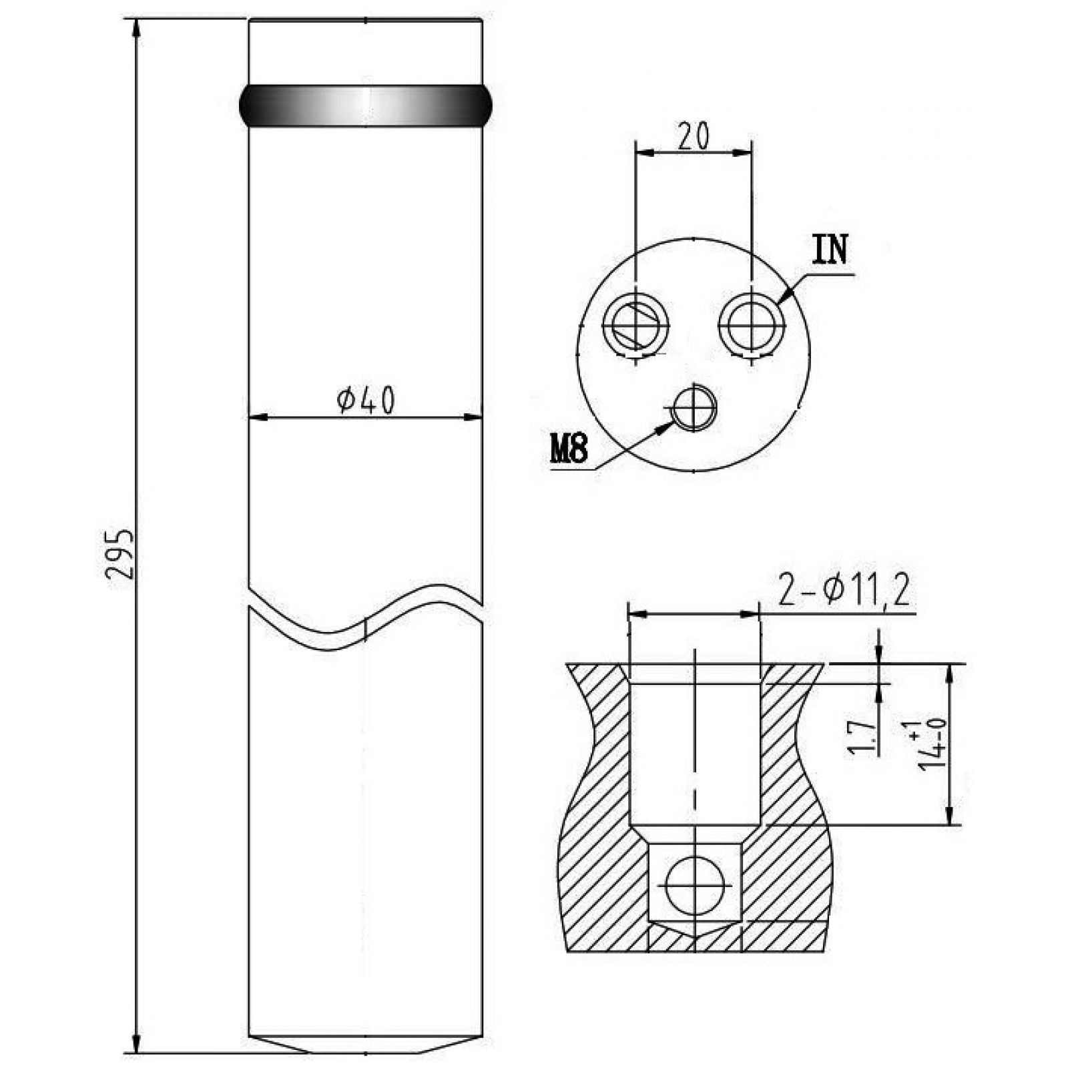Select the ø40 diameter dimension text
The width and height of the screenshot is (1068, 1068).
[x=366, y=400]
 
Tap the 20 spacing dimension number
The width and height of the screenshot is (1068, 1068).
[x=694, y=136]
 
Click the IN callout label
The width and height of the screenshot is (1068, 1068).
[x=830, y=250]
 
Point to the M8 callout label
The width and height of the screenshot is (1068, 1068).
[x=568, y=449]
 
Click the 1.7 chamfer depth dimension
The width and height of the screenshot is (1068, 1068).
[x=860, y=737]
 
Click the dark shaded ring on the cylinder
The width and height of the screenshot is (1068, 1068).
[x=366, y=105]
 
